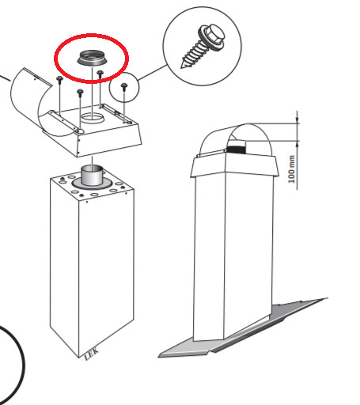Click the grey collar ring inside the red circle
pyautogui.click(x=91, y=58)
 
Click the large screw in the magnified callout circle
pyautogui.click(x=203, y=45)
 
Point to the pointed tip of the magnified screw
pyautogui.click(x=181, y=68)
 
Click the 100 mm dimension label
pyautogui.click(x=291, y=169)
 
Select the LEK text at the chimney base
pyautogui.click(x=92, y=354)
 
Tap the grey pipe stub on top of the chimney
pyautogui.click(x=92, y=175)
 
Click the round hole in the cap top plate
pyautogui.click(x=93, y=117)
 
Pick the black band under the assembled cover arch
pyautogui.click(x=236, y=150)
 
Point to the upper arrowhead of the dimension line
pyautogui.click(x=297, y=121)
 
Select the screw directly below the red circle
pyautogui.click(x=100, y=74)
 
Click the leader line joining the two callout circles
pyautogui.click(x=152, y=72)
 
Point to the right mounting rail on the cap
pyautogui.click(x=116, y=114)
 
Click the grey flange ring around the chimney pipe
pyautogui.click(x=92, y=184)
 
